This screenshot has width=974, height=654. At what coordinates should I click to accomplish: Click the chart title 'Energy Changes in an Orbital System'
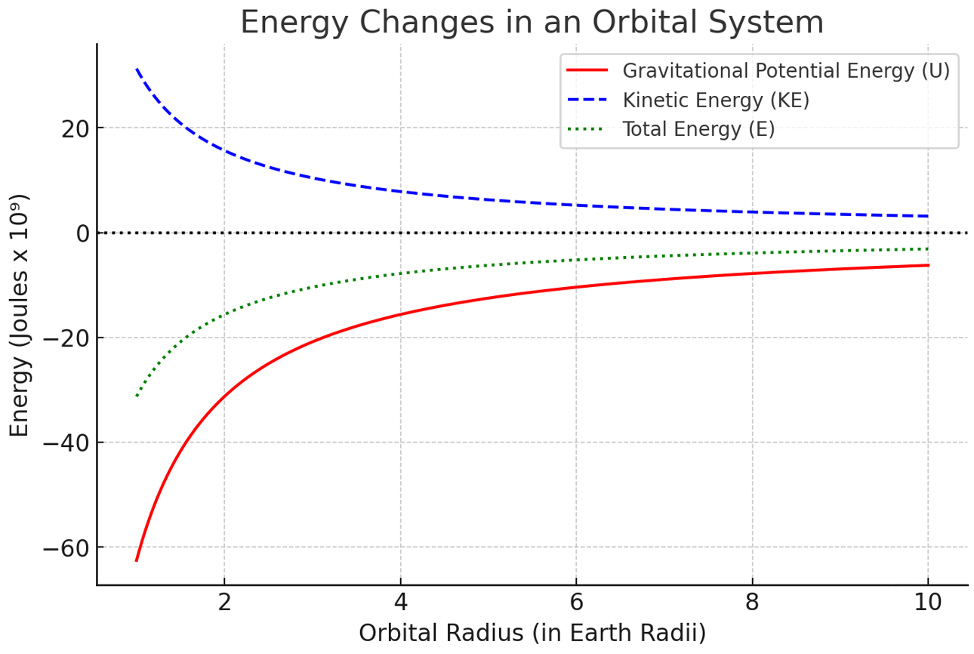click(x=532, y=23)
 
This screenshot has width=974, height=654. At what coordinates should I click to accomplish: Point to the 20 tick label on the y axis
click(x=76, y=129)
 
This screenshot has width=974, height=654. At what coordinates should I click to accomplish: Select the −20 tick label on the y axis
click(x=66, y=338)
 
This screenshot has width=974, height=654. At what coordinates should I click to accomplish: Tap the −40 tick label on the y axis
click(x=66, y=443)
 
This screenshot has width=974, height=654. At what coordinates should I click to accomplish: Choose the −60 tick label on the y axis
click(x=66, y=548)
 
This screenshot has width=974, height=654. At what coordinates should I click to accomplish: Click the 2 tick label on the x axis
click(x=224, y=603)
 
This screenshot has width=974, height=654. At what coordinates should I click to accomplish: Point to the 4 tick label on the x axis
click(x=400, y=603)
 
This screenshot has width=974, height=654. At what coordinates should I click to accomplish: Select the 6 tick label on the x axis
click(x=576, y=603)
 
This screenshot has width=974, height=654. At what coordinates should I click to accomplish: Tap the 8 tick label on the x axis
click(x=752, y=603)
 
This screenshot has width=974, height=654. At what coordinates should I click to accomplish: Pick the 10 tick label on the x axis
click(x=928, y=603)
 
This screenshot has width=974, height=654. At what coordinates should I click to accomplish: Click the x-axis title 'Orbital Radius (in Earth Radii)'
click(x=532, y=633)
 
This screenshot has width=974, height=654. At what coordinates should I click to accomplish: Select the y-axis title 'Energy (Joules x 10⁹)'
click(x=19, y=315)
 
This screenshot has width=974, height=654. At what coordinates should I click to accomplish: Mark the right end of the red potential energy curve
click(x=929, y=265)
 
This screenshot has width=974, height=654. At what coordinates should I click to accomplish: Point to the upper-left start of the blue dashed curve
click(x=137, y=69)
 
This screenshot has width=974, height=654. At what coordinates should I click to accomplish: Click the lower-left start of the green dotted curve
click(x=137, y=396)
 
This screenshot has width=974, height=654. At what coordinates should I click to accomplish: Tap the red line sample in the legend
click(x=587, y=70)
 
